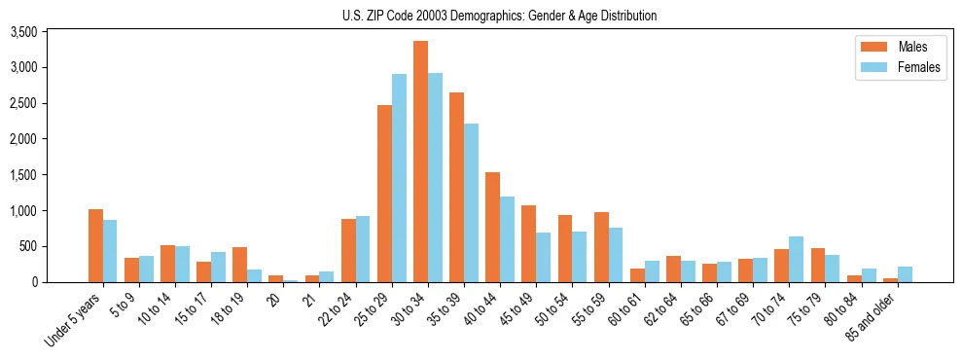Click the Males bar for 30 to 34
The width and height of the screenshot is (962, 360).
420,162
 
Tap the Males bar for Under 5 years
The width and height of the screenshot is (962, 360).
95,245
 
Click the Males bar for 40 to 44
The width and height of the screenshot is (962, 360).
492,227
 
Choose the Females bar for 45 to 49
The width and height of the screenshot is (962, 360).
543,257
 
